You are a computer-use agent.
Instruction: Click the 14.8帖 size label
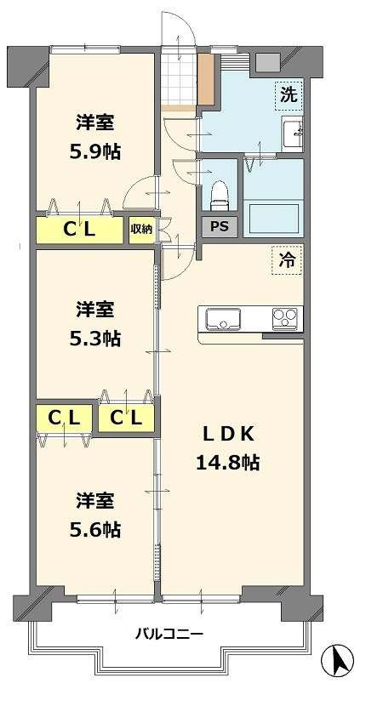tap(227, 463)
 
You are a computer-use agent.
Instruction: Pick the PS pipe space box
tap(219, 226)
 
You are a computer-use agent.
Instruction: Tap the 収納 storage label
tap(141, 228)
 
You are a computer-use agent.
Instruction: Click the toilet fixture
tap(219, 194)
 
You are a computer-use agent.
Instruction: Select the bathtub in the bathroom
tap(273, 219)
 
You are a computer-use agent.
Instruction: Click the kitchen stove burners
tap(286, 319)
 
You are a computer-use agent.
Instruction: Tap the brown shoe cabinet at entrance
tap(205, 81)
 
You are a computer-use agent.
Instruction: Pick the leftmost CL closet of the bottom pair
tap(64, 418)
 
